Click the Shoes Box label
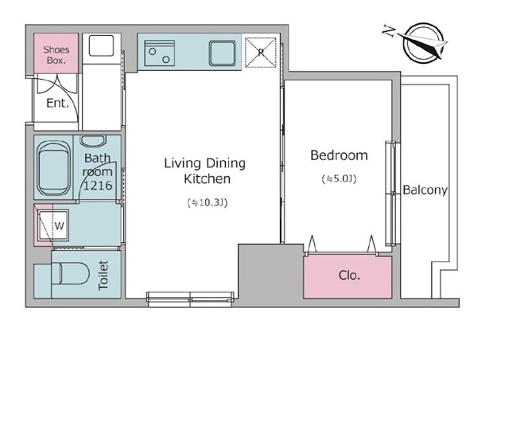(x=56, y=55)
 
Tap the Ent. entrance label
(x=57, y=103)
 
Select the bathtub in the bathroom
(x=53, y=168)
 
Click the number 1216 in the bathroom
(x=98, y=186)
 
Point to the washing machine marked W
(x=53, y=225)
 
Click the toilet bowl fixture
(x=71, y=273)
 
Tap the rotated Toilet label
(x=103, y=275)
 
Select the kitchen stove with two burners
(x=159, y=53)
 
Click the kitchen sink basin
(x=223, y=53)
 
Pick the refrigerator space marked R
(x=260, y=53)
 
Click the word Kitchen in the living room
(x=207, y=179)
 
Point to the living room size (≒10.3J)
(x=207, y=202)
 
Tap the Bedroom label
(x=339, y=155)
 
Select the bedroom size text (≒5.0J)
(x=339, y=179)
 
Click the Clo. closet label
(x=349, y=276)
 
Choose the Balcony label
(x=425, y=190)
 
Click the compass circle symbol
(x=423, y=42)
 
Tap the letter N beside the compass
(x=389, y=31)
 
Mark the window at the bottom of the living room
(x=190, y=299)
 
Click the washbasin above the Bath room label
(x=93, y=141)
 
